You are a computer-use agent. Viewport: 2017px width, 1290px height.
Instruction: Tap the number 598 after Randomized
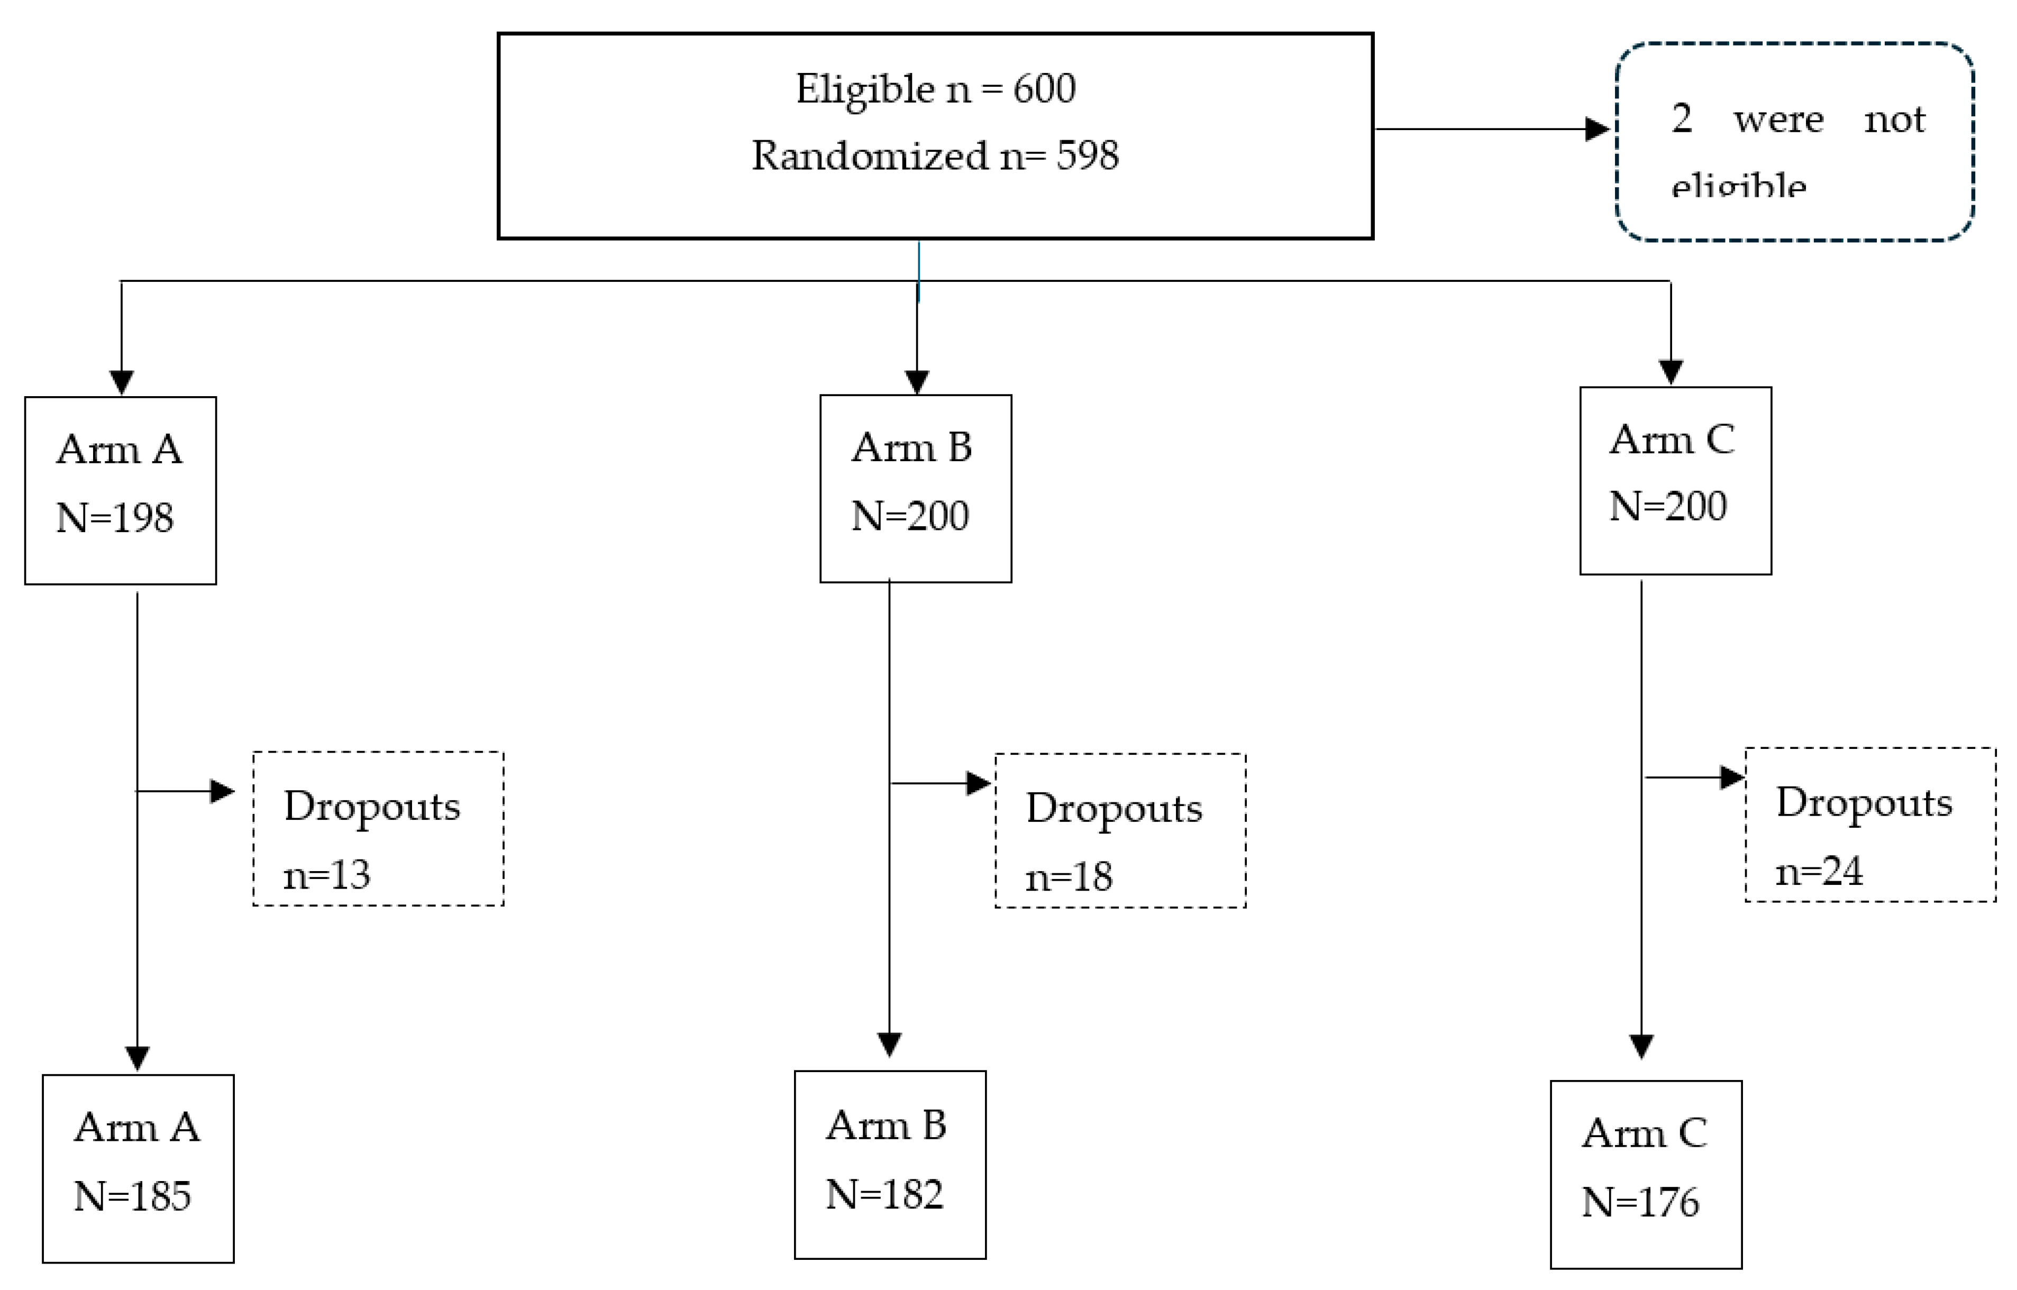1087,156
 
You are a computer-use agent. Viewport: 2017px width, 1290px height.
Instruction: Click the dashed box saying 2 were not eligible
1794,142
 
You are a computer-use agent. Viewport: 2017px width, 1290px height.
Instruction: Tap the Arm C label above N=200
1671,440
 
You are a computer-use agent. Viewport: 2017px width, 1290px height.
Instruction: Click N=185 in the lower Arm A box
132,1196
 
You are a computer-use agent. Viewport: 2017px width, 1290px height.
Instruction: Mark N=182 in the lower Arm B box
884,1194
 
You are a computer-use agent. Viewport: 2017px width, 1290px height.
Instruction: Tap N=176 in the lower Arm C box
1640,1203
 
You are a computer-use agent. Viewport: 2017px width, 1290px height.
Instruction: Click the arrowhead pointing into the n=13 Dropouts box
222,791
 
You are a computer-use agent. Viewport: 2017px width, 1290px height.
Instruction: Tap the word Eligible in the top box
864,89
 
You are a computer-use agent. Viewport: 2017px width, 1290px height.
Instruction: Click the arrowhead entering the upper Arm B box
917,382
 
